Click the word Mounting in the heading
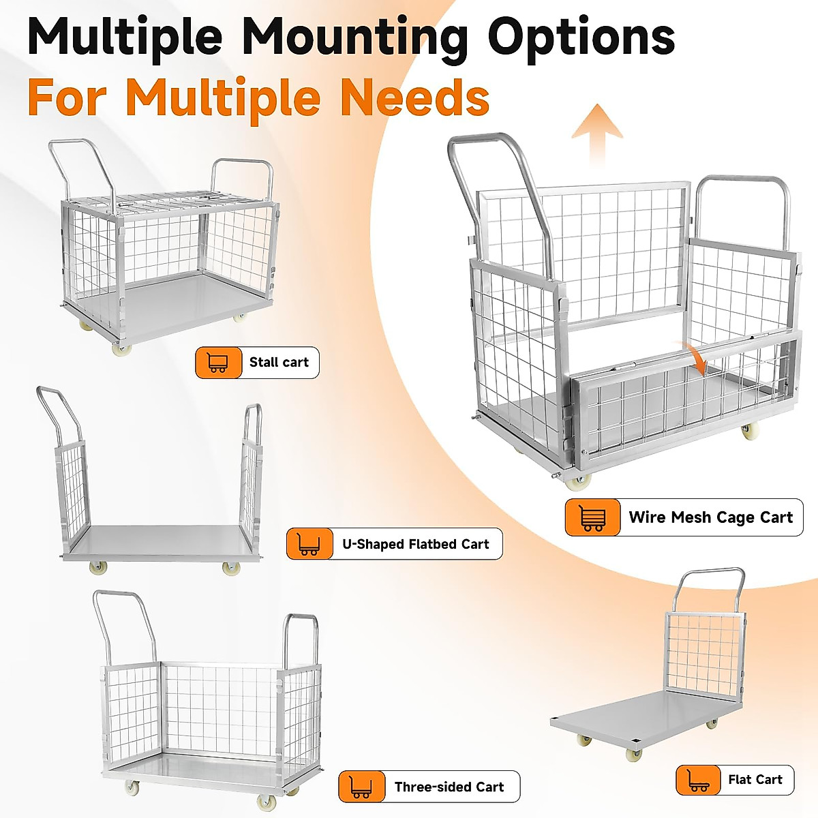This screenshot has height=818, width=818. click(354, 37)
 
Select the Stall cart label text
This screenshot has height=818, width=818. click(279, 363)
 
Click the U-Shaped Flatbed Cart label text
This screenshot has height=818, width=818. click(416, 544)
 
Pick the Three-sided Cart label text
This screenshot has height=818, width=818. click(449, 787)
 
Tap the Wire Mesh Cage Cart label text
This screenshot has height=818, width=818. click(710, 517)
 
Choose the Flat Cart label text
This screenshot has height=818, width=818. click(755, 780)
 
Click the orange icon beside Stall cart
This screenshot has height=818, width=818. click(218, 363)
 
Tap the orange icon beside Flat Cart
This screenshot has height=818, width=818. click(698, 780)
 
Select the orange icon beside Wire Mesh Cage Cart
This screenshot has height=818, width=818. click(592, 517)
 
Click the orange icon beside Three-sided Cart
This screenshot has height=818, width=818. click(361, 787)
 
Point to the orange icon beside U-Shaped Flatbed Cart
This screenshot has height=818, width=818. click(309, 544)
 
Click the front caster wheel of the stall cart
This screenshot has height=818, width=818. click(121, 349)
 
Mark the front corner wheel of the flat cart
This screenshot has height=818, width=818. click(634, 754)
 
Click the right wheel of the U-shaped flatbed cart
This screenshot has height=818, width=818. click(231, 568)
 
